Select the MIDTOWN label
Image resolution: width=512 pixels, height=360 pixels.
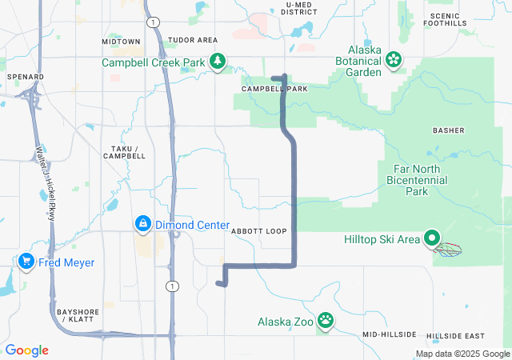coord(121,41)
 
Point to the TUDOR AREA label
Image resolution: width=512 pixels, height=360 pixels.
coord(193,40)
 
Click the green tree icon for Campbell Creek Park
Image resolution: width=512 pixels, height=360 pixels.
coord(217,61)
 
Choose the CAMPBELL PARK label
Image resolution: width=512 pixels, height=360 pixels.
coord(275,89)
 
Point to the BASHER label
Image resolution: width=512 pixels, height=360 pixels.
coord(448,130)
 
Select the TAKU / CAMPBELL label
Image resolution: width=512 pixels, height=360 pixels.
coord(125,152)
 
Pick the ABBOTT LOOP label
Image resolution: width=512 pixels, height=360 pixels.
coord(258,231)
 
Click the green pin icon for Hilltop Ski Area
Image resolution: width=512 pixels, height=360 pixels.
coord(433,238)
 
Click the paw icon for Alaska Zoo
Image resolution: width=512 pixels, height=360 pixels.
coord(326,321)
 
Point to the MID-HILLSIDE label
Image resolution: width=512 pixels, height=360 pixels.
coord(389,334)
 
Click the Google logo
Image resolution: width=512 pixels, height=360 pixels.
coord(26,350)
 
